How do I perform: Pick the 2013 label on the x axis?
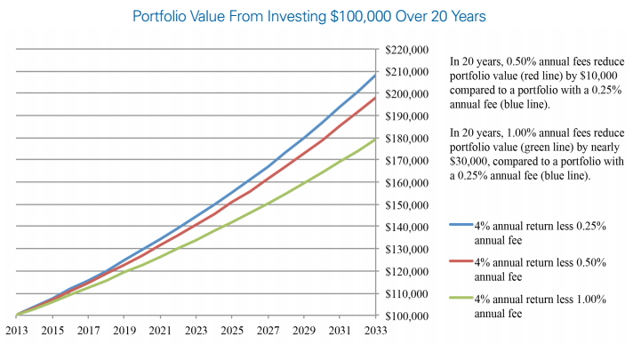click(17, 332)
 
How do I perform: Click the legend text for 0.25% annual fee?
click(541, 234)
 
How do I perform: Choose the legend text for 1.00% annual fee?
click(541, 307)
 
